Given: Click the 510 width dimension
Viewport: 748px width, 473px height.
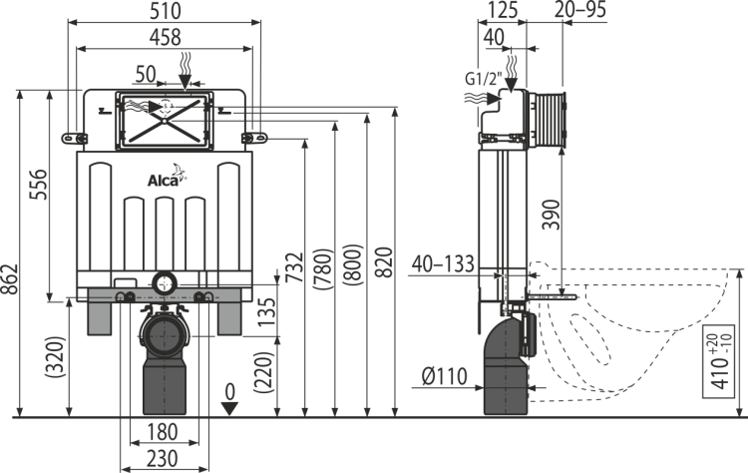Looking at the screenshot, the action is (165, 11).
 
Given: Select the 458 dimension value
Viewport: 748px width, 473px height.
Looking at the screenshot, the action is (165, 37).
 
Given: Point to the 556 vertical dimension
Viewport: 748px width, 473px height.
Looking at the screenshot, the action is (39, 185).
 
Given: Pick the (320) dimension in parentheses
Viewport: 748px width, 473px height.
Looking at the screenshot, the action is (55, 358).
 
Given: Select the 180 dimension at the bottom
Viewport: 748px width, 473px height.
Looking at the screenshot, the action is (163, 432).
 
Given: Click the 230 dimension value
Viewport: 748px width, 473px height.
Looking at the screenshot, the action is (163, 459).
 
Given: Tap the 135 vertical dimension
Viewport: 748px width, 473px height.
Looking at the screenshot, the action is (266, 312).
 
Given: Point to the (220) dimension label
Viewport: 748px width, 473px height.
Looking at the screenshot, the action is (264, 372).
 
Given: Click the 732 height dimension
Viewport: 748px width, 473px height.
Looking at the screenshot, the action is (295, 267).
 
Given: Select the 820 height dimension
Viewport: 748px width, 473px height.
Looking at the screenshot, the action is (385, 262).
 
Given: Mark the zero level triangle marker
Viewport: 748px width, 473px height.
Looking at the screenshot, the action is (230, 409).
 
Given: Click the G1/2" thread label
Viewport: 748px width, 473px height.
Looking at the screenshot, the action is (483, 78).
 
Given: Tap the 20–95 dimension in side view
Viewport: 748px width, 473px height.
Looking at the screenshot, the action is (580, 10).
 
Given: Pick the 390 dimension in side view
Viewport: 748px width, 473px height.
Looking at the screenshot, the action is (552, 215).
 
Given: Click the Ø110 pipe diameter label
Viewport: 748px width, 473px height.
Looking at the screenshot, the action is (445, 376).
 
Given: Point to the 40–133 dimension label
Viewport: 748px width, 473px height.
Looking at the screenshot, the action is (443, 264).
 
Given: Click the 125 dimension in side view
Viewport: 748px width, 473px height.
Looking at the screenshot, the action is (502, 10).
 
